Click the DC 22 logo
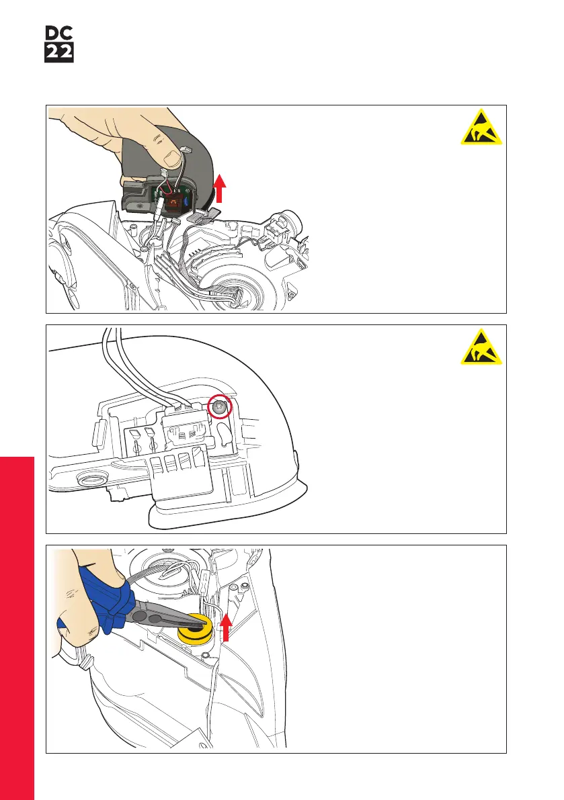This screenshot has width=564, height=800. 59,44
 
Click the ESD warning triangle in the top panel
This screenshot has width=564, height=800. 481,127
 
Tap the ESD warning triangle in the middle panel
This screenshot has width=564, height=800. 481,347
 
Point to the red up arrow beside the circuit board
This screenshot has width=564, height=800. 219,188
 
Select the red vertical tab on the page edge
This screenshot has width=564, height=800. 17,628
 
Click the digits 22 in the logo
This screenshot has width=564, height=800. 59,53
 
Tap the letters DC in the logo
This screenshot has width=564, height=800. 59,34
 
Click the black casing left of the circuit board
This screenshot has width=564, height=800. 136,196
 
